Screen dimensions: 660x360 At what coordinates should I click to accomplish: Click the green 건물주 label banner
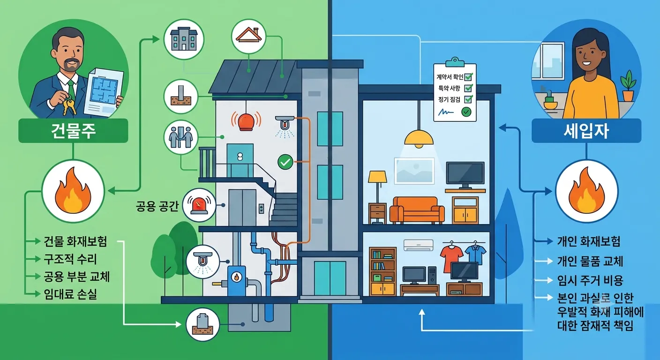pyautogui.click(x=73, y=131)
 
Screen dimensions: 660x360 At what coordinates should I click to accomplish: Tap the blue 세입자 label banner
pyautogui.click(x=586, y=131)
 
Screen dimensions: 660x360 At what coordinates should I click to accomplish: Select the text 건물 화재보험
pyautogui.click(x=75, y=241)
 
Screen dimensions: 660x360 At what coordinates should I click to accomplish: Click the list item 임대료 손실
pyautogui.click(x=70, y=294)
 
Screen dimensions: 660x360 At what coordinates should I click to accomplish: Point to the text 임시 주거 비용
pyautogui.click(x=590, y=280)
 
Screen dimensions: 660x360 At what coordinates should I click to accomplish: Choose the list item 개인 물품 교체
pyautogui.click(x=590, y=261)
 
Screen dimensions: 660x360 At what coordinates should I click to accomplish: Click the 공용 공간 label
pyautogui.click(x=157, y=206)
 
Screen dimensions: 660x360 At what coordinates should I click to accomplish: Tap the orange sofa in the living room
pyautogui.click(x=417, y=210)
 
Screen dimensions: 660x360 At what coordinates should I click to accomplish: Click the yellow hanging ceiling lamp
pyautogui.click(x=419, y=138)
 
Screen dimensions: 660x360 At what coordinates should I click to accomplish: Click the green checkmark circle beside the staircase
pyautogui.click(x=285, y=162)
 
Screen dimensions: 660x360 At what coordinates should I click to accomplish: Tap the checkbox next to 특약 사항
pyautogui.click(x=468, y=88)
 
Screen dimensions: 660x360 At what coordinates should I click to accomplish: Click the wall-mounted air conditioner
pyautogui.click(x=419, y=245)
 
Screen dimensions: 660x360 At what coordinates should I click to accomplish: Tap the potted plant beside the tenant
pyautogui.click(x=628, y=86)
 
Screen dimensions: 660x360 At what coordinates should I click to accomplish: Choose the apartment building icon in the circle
pyautogui.click(x=184, y=39)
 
